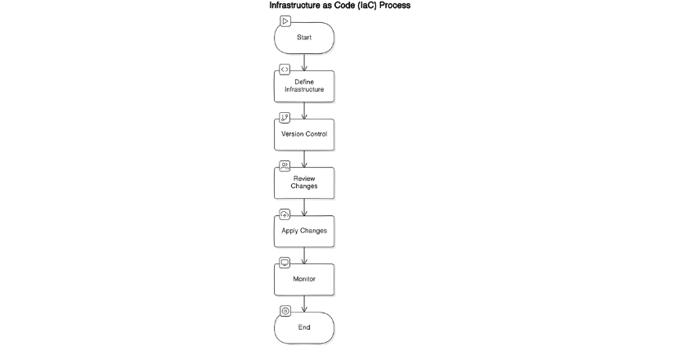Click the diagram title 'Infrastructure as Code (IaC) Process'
pos(339,6)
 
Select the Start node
pos(304,38)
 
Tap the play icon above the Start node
pos(285,20)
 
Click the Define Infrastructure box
pos(304,85)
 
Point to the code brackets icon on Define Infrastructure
pos(285,70)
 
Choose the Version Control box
pos(304,133)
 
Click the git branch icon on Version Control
pos(285,118)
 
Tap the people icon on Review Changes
pos(285,166)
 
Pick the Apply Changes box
pos(304,230)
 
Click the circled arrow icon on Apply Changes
pos(285,214)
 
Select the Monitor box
pos(304,279)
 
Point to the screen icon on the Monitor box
pos(285,263)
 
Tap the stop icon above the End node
pos(285,311)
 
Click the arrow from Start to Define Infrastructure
pos(304,62)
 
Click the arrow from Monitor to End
pos(304,304)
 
